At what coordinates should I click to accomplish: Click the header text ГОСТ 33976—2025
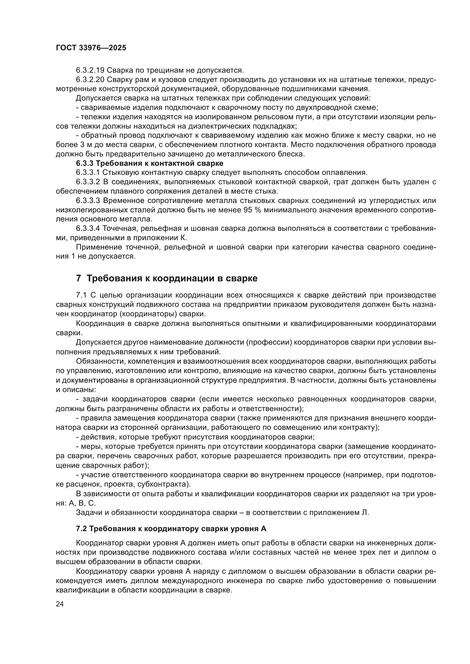coord(91,48)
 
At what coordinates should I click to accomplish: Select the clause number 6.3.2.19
coord(90,70)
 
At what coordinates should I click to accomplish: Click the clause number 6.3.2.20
coord(90,79)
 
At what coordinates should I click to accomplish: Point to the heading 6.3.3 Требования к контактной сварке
coord(150,164)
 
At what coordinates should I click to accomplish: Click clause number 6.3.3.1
coord(88,173)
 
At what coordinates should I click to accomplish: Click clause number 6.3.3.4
coord(88,229)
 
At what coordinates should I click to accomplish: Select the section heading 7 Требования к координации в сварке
coord(167,278)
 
